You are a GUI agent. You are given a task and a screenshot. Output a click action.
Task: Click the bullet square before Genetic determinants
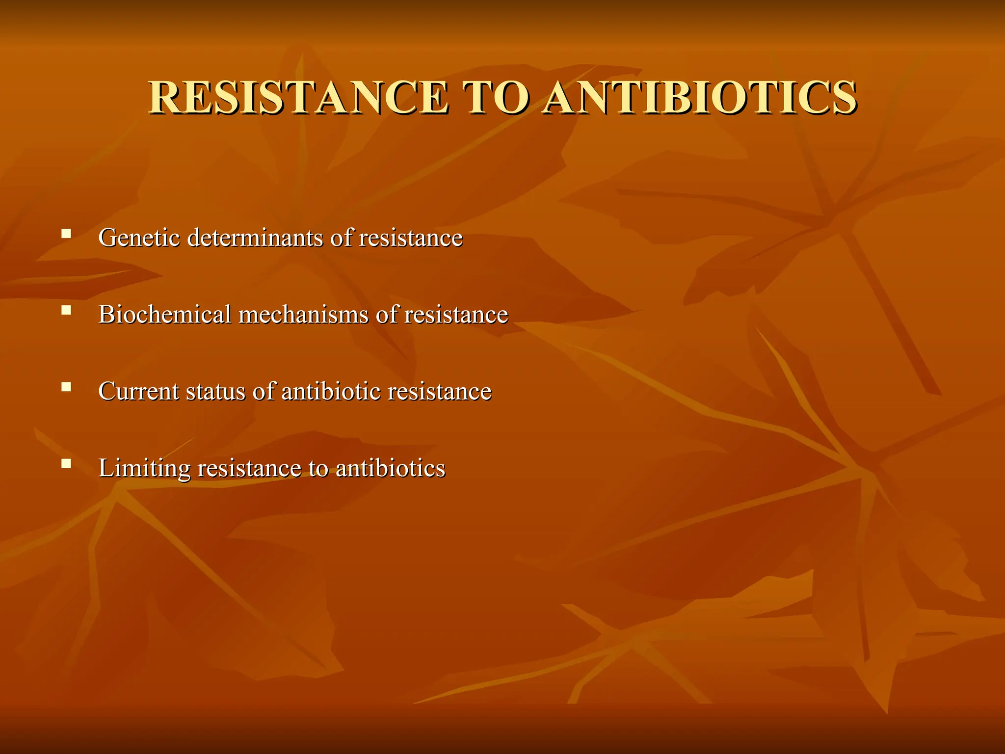(66, 233)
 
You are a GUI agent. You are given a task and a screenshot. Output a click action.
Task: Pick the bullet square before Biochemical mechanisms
(66, 310)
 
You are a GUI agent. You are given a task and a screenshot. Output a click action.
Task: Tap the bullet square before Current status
(66, 387)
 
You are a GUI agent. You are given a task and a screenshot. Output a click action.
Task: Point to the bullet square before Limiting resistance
(66, 463)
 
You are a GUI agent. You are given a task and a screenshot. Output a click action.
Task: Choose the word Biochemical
(164, 314)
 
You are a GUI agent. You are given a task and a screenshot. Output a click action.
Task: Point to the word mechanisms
(303, 314)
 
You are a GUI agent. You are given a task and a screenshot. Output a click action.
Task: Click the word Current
(138, 391)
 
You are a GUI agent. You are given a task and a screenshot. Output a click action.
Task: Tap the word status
(215, 391)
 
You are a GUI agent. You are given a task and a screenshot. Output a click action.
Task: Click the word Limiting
(144, 468)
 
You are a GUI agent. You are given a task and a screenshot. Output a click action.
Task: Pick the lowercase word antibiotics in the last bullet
(391, 468)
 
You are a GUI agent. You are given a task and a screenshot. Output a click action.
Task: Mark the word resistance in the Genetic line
(411, 238)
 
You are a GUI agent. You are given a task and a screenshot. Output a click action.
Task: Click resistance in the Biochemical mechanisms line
(456, 314)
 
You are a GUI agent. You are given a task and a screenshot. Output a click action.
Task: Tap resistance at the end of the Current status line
(439, 391)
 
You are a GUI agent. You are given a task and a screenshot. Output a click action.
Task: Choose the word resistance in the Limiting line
(249, 468)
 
